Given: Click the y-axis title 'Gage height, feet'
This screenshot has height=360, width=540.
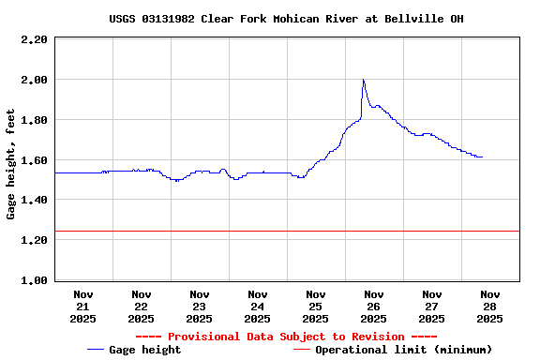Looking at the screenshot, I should [x=11, y=164].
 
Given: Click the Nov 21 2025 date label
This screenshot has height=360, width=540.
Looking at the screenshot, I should [x=82, y=306].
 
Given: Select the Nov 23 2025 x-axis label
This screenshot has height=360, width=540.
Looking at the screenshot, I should [x=199, y=306].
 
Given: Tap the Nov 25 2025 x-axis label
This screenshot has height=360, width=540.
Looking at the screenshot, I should [x=315, y=306].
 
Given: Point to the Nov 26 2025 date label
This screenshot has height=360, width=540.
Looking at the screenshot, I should [x=373, y=306].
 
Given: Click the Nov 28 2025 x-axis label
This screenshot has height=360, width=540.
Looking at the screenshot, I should [x=489, y=306].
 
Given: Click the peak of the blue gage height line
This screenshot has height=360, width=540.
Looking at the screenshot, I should [x=363, y=80].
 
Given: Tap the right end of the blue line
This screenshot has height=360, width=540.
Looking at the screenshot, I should [x=482, y=157].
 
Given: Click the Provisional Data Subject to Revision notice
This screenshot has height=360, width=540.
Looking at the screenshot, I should [x=286, y=337].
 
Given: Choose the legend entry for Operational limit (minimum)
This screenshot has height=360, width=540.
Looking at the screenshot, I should [x=403, y=350].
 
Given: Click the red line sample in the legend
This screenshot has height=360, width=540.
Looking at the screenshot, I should [x=302, y=350].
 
